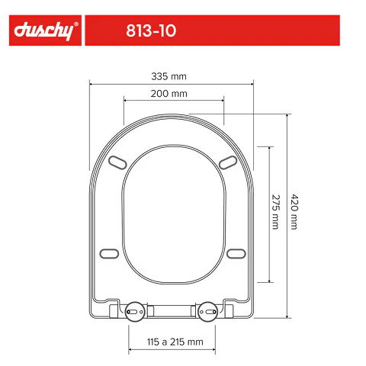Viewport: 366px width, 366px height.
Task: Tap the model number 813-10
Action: [x=151, y=30]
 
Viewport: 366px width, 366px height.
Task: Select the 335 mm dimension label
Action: [x=169, y=76]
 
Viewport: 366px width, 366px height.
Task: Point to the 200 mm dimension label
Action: [x=169, y=94]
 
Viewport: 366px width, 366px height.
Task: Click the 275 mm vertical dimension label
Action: [x=276, y=212]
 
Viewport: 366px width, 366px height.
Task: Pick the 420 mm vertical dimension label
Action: [x=294, y=212]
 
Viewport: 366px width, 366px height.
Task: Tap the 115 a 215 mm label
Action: [x=175, y=342]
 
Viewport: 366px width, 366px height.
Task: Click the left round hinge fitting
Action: [x=135, y=312]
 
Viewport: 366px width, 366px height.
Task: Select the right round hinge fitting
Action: [x=208, y=312]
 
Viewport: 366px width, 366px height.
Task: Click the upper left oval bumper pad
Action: [x=117, y=162]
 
